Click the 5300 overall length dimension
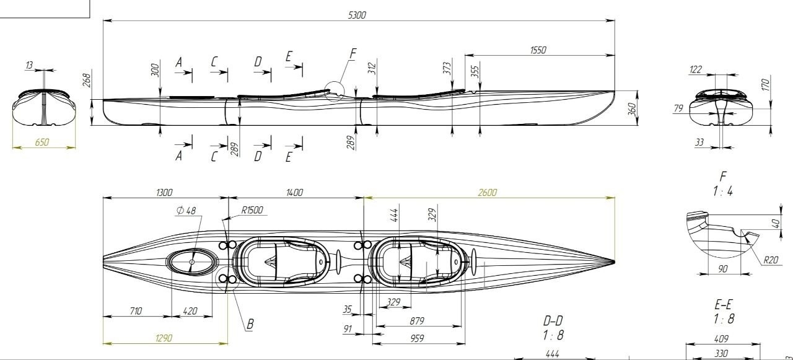pos(357,15)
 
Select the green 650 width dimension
pos(42,142)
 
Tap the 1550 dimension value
pos(538,50)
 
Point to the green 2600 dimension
pos(487,192)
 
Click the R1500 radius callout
pos(252,210)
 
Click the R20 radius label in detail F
pos(770,260)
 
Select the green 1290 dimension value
pos(164,338)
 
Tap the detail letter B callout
pos(250,324)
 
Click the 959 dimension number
pos(417,338)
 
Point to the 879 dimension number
pos(417,321)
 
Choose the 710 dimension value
pos(136,311)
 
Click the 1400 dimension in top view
pos(294,192)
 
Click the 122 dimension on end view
pos(695,69)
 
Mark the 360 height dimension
pos(633,108)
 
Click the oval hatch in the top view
pos(192,262)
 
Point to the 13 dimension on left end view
pos(29,65)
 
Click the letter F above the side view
pos(353,54)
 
